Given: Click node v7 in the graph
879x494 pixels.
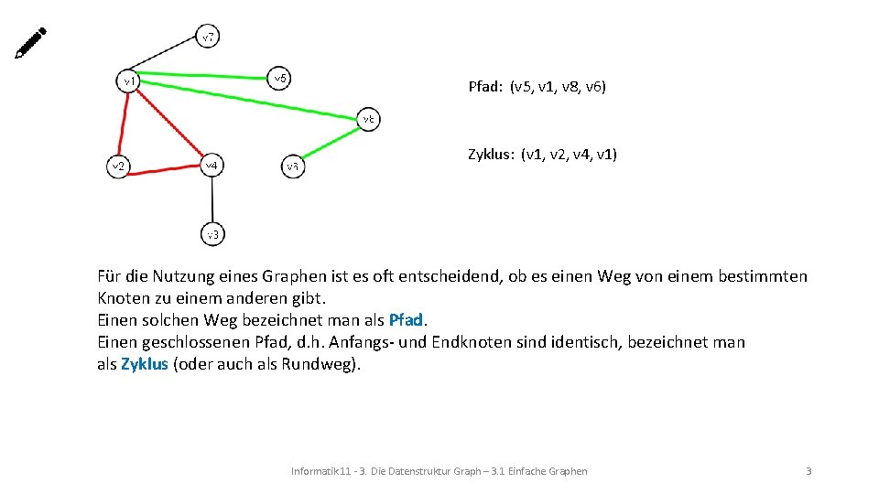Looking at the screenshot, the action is [209, 38].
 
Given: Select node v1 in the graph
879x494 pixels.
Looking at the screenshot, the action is [129, 81].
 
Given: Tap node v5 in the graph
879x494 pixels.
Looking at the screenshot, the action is [280, 79].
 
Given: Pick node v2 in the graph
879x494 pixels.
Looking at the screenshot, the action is [117, 166].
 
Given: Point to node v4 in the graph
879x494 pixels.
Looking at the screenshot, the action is [212, 166].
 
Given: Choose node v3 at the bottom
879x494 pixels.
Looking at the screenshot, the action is [212, 234].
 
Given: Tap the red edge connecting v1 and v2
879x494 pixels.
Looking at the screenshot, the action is [122, 123].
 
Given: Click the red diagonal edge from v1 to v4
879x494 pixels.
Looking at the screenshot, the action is [170, 123].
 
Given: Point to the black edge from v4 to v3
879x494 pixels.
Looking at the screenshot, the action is [212, 199].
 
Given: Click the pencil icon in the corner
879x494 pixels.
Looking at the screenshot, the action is [30, 43].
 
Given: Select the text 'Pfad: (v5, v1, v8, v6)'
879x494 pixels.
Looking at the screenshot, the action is [537, 88].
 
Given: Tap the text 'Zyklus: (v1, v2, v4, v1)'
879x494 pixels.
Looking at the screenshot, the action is [542, 155].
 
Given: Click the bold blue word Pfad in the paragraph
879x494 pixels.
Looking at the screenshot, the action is [407, 320].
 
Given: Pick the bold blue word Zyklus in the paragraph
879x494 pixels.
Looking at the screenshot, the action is [145, 364].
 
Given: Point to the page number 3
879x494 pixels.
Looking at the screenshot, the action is [808, 471].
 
